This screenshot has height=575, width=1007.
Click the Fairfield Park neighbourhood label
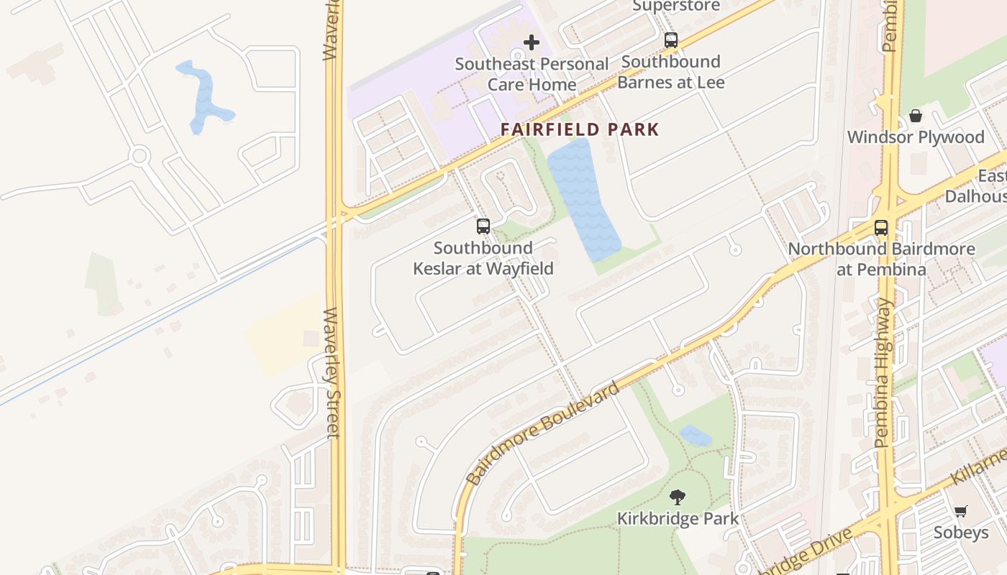(580, 130)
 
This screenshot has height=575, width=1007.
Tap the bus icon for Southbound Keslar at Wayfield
(483, 226)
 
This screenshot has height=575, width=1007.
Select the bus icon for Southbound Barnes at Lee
(671, 40)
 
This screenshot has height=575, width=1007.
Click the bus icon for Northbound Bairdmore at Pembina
(881, 228)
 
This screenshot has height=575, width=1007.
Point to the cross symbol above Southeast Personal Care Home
(532, 43)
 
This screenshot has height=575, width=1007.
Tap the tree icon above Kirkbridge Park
(678, 497)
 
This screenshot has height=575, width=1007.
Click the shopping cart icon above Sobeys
(961, 511)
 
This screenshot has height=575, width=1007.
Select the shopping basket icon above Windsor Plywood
(916, 116)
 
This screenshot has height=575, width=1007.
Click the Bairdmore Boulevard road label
(542, 434)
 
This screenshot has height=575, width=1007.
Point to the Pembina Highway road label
(884, 374)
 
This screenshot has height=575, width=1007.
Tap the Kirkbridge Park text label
(678, 518)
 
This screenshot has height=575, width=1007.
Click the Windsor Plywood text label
(916, 137)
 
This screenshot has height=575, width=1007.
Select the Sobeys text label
(961, 533)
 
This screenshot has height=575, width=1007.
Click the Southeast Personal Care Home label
(532, 74)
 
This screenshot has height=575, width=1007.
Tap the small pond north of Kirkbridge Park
(695, 436)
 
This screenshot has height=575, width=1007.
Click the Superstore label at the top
(676, 6)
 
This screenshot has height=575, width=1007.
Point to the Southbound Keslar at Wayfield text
(483, 258)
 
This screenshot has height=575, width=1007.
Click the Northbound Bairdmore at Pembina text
(882, 259)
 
